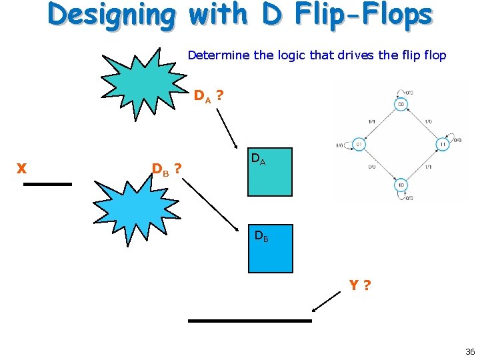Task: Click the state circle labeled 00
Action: (401, 105)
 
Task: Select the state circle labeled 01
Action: (358, 144)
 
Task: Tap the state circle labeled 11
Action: (443, 144)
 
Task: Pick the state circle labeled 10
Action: (401, 184)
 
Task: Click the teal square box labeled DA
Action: (269, 172)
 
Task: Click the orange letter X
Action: (21, 169)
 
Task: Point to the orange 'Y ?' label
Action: (360, 286)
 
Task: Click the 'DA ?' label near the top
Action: (208, 97)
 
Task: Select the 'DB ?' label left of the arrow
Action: (167, 169)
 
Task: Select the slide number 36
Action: (470, 351)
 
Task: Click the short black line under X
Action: (47, 183)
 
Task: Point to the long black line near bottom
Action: (249, 321)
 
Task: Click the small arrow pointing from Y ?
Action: (327, 302)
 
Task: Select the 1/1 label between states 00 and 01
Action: (371, 121)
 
